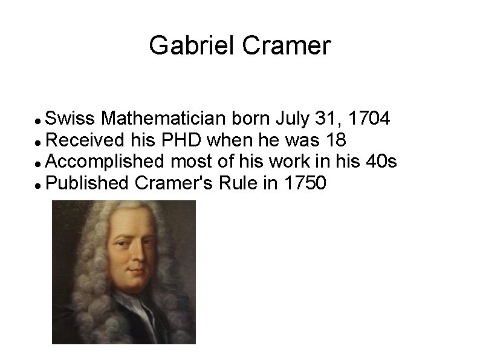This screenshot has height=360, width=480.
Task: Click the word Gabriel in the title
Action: point(184,46)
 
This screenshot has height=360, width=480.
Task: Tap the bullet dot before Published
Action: point(39,183)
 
